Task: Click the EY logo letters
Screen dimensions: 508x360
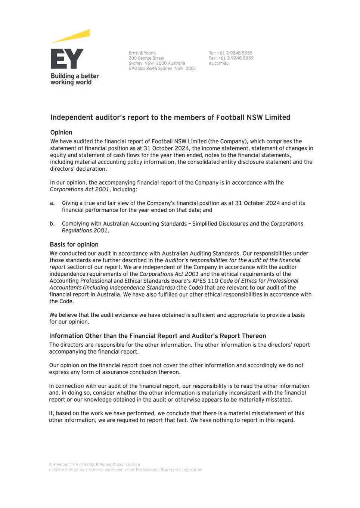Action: point(67,59)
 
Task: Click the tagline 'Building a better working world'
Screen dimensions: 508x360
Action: point(74,79)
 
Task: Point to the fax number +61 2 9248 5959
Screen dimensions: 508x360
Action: point(235,58)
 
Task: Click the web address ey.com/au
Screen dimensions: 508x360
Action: point(219,63)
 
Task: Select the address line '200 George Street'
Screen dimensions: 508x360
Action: point(146,58)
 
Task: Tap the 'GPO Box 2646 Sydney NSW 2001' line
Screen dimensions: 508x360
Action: point(162,69)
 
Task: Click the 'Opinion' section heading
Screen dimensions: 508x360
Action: point(61,133)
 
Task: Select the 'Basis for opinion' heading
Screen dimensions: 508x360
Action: point(74,245)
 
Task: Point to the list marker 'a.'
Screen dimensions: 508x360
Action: point(52,203)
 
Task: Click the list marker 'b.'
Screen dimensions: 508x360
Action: point(52,224)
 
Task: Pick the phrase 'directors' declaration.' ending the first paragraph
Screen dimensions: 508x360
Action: point(78,169)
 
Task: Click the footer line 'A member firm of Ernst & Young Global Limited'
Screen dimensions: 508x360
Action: point(94,465)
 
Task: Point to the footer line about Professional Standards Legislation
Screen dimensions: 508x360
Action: point(125,470)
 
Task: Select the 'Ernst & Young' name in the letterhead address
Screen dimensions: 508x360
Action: point(142,53)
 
